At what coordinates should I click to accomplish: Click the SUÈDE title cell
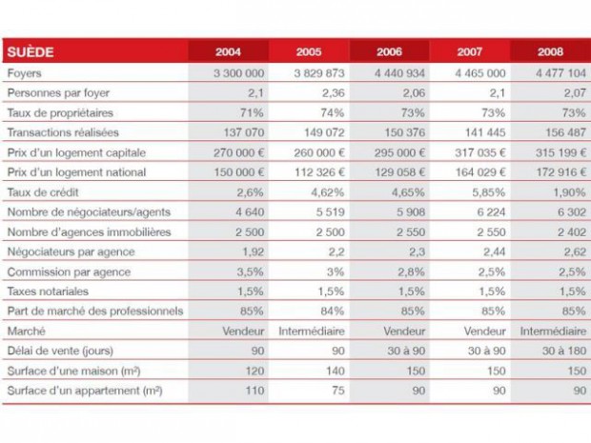[x=29, y=51]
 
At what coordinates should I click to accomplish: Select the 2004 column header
[x=228, y=51]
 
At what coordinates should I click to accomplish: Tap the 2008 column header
[x=550, y=51]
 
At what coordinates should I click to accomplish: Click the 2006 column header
[x=390, y=51]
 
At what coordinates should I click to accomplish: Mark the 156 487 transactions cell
[x=558, y=132]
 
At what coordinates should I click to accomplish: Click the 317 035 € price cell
[x=477, y=152]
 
